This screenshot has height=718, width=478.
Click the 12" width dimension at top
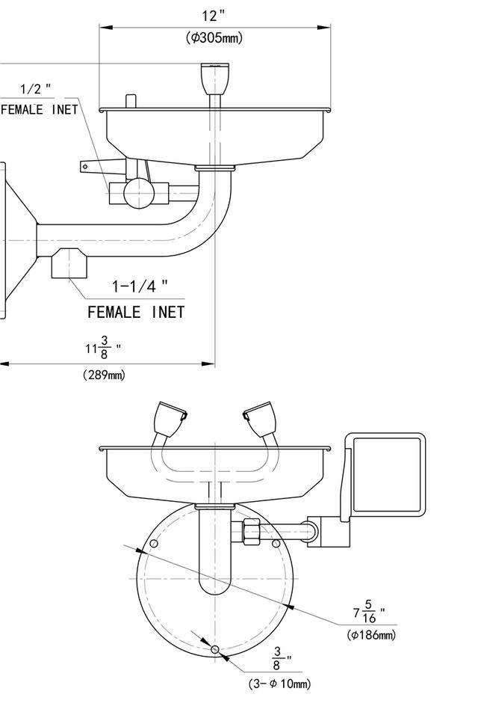tap(214, 16)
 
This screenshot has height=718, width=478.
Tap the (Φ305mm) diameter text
tap(214, 38)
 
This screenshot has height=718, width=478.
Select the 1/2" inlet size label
tap(36, 89)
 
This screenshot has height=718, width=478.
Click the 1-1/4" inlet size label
tap(140, 286)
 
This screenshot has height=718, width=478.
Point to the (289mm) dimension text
tap(104, 375)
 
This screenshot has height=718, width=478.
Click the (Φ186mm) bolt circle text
tap(371, 636)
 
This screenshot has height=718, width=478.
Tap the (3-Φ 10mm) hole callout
tap(279, 684)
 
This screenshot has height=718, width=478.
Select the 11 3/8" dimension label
tap(103, 349)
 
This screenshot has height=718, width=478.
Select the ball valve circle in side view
tap(139, 193)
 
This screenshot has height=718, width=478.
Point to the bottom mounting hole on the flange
tap(215, 649)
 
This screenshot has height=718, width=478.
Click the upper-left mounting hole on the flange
tap(154, 542)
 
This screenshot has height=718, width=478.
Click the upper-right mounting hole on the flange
tap(276, 542)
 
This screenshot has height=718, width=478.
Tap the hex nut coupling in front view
tap(250, 533)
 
